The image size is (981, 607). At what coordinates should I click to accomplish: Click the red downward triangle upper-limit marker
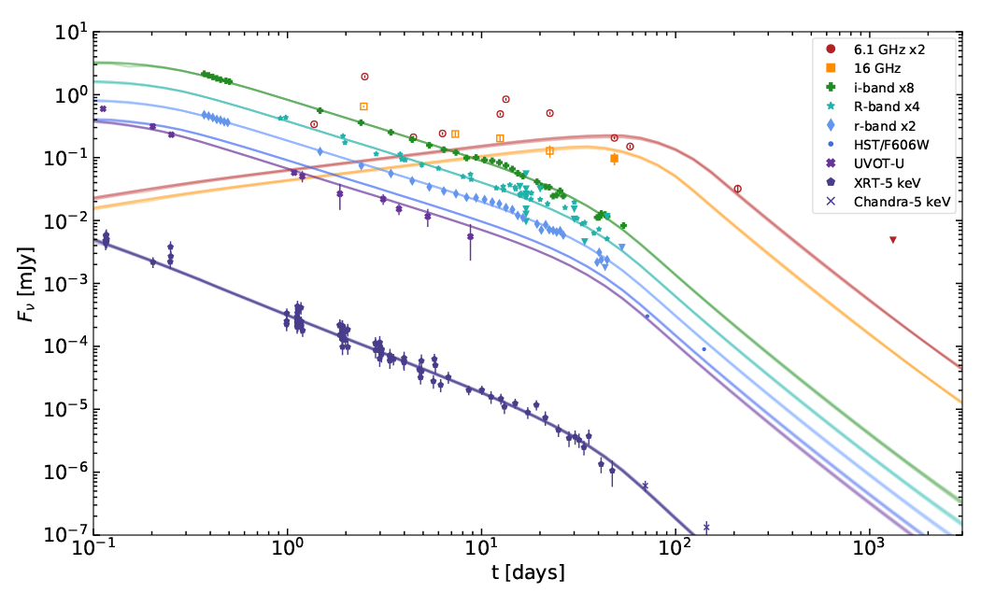pyautogui.click(x=893, y=240)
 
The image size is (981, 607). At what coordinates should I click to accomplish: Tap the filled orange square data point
pyautogui.click(x=614, y=159)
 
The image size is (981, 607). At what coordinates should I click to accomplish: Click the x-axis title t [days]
pyautogui.click(x=527, y=572)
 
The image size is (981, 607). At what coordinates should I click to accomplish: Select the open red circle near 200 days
pyautogui.click(x=738, y=189)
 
